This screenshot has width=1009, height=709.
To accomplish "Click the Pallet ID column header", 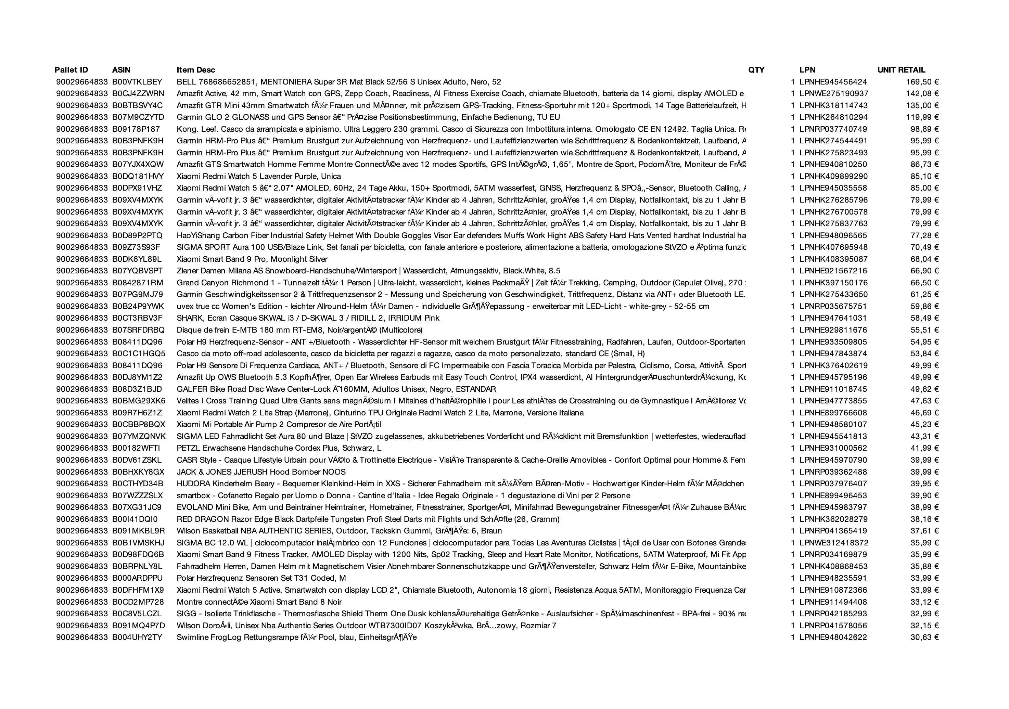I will [71, 70].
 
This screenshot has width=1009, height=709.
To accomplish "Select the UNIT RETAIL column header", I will [901, 70].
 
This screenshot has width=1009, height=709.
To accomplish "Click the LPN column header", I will [807, 70].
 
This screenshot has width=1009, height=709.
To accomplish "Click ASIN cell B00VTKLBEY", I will [137, 82].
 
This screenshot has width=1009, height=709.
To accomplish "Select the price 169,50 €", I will [922, 82].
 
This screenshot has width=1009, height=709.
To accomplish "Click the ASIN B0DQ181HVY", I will [138, 176].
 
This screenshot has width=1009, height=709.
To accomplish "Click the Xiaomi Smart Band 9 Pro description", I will [252, 259].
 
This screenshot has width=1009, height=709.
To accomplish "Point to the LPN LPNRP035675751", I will [833, 306].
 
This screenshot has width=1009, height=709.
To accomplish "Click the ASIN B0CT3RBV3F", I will [137, 318].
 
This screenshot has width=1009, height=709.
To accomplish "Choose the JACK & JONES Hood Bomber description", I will [261, 472].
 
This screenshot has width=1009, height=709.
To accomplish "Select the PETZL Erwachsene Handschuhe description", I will [279, 448].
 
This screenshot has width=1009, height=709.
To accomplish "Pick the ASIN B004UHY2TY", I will [137, 637].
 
